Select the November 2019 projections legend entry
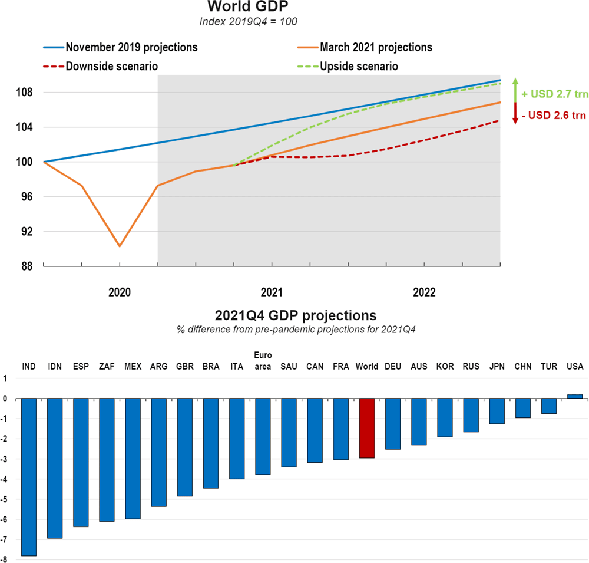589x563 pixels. point(131,47)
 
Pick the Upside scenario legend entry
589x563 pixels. point(358,67)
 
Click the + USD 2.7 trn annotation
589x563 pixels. point(554,93)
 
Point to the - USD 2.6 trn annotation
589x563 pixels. point(554,116)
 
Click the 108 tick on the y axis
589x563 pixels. point(27,93)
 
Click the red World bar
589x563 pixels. point(367,437)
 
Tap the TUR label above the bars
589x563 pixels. point(549,367)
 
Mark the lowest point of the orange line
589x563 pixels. point(120,246)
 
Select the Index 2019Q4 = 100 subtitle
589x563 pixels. point(249,22)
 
